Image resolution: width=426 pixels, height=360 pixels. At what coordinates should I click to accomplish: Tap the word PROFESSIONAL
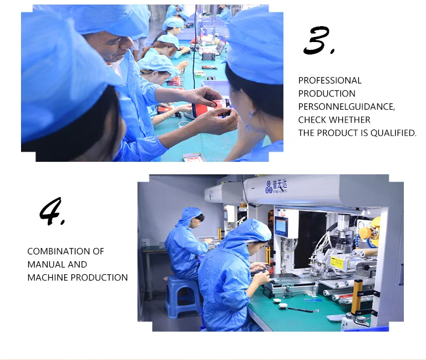click(330, 81)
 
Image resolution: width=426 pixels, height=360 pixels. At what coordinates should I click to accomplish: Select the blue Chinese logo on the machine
click(276, 186)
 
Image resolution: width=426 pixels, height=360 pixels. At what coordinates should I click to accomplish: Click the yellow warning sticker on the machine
click(337, 262)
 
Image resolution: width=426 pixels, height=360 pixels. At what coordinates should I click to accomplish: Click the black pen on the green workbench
click(300, 309)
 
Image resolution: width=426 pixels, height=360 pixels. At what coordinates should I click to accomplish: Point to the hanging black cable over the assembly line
click(195, 46)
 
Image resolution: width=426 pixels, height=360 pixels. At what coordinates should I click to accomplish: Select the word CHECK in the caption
click(311, 120)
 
